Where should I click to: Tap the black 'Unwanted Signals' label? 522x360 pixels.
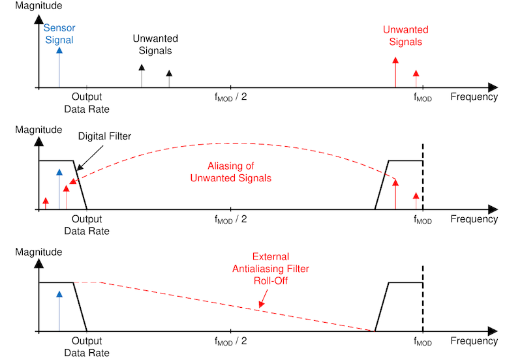click(155, 44)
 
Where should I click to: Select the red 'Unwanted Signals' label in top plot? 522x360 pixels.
click(405, 36)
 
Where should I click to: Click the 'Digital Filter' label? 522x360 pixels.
click(104, 136)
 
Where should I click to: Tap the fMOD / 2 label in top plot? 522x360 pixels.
click(230, 98)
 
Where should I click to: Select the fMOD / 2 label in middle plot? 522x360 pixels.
click(230, 220)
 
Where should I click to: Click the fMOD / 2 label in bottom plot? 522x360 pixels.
click(230, 341)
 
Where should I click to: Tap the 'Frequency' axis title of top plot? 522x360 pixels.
click(474, 97)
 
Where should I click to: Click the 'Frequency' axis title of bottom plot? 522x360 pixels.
click(474, 340)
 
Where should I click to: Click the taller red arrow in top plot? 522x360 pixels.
click(395, 71)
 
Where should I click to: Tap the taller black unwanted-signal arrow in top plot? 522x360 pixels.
click(142, 76)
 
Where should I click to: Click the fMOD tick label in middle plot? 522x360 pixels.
click(423, 220)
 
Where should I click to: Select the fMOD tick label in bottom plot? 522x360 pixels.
click(423, 342)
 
